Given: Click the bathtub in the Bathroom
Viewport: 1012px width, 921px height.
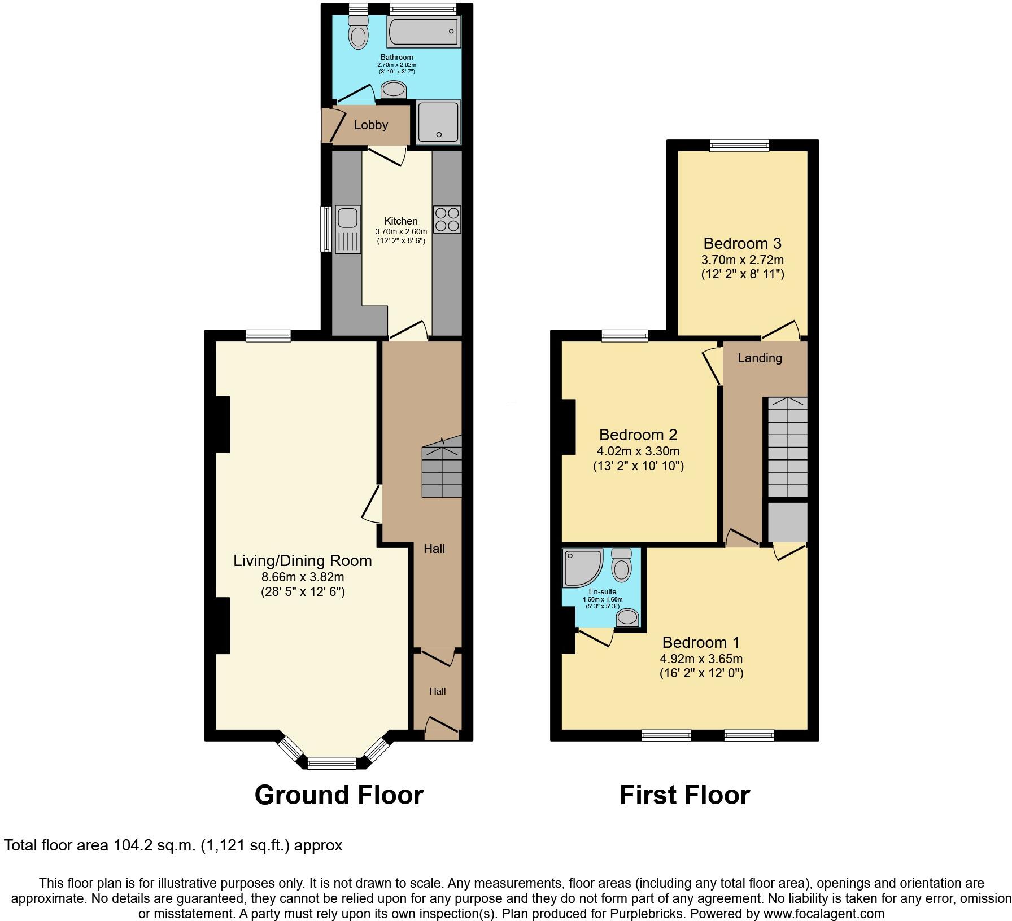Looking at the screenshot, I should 423,32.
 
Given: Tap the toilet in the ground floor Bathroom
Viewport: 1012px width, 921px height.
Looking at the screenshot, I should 357,33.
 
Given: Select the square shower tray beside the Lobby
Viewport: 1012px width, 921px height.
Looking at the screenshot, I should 438,122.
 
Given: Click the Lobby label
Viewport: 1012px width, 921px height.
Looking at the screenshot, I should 371,125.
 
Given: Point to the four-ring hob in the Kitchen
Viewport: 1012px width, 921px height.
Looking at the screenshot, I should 447,220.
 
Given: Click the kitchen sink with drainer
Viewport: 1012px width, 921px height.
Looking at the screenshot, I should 348,229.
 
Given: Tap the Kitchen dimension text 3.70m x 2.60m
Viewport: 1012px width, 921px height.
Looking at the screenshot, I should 401,231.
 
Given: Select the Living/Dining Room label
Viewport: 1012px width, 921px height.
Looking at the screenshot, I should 303,560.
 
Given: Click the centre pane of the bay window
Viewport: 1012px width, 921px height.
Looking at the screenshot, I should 331,764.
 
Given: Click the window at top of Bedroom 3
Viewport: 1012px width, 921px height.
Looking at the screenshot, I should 739,146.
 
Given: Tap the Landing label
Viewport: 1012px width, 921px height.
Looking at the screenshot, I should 760,358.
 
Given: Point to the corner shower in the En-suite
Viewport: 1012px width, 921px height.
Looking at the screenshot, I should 582,567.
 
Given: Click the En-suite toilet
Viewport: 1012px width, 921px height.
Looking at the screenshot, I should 621,565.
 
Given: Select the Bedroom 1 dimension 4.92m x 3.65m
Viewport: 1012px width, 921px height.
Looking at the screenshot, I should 701,659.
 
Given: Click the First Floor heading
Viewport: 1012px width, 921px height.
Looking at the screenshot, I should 684,795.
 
